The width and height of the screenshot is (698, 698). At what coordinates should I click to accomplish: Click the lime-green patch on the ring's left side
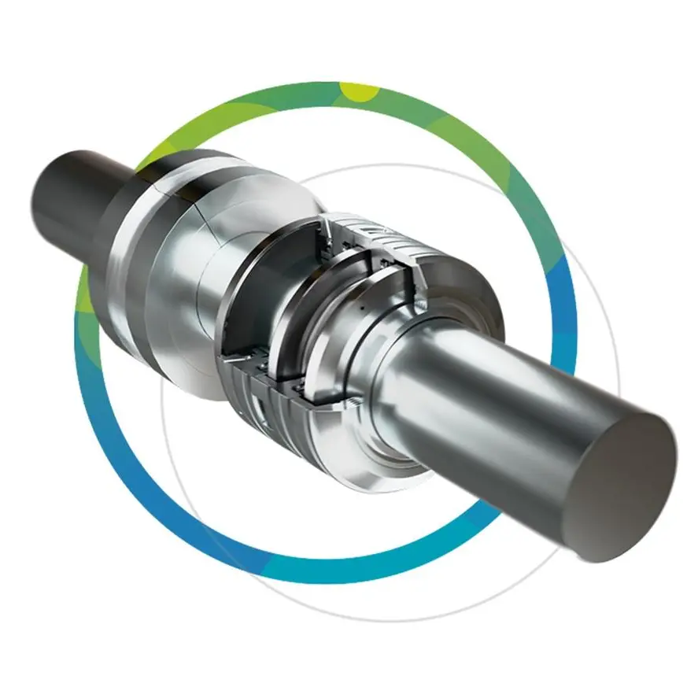(x=89, y=291)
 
